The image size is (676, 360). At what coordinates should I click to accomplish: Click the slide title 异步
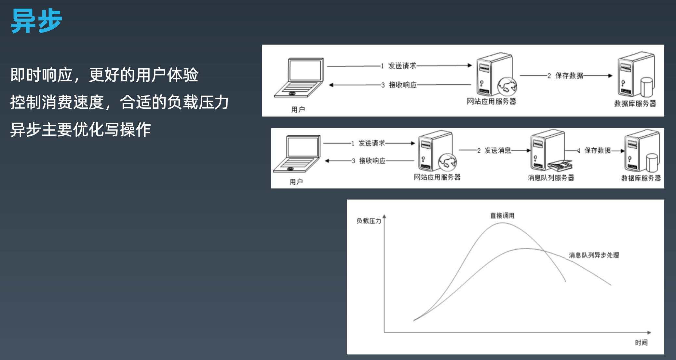36,21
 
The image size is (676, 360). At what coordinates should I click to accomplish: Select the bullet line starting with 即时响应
104,75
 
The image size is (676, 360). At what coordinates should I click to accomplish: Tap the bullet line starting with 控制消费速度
119,103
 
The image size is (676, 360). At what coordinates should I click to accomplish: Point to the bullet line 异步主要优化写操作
80,130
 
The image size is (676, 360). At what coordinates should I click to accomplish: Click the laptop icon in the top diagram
299,78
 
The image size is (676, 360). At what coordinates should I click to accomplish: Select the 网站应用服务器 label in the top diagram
491,102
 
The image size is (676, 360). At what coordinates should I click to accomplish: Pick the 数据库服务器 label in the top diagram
635,104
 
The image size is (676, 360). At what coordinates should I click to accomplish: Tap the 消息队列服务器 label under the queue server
551,178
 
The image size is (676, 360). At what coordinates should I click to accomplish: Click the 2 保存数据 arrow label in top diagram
565,76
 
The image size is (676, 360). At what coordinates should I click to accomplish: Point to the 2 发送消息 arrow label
494,150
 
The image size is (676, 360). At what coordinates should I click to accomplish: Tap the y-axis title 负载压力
369,221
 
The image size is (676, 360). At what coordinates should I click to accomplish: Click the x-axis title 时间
641,342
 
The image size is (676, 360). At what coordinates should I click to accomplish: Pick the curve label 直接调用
502,215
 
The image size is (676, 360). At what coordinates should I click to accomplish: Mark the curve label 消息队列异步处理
594,255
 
